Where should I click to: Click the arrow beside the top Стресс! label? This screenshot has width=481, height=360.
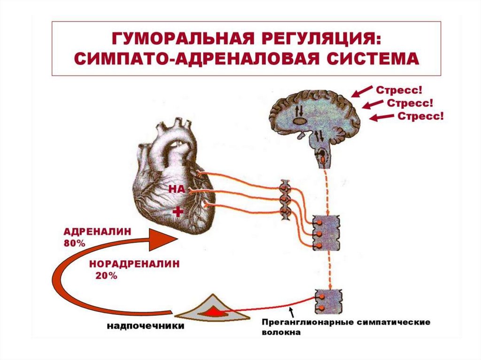click(362, 91)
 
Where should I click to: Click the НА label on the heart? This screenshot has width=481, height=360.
click(177, 189)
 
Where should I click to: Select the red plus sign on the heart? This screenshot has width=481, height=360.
click(178, 212)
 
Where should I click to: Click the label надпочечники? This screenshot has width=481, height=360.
click(145, 325)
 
